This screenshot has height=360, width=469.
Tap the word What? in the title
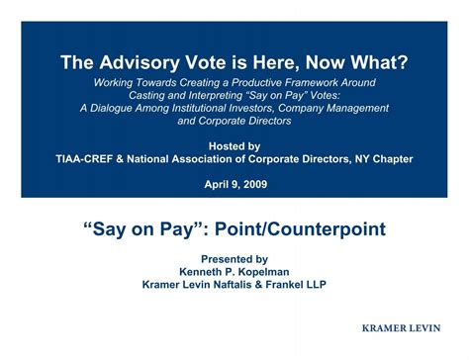[x=378, y=62]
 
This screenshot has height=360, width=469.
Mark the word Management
[x=353, y=108]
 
